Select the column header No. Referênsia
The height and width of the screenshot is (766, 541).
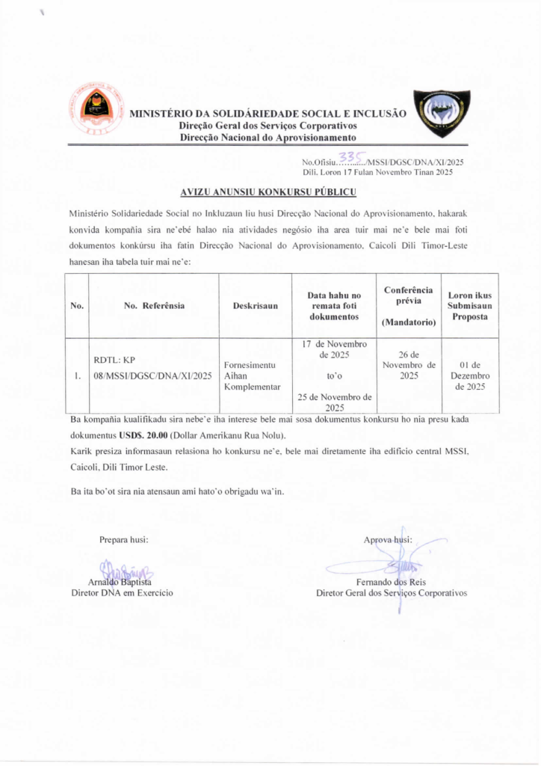pos(154,305)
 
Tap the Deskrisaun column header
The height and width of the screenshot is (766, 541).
pos(255,305)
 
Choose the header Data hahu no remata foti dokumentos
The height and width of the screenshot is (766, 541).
pos(335,305)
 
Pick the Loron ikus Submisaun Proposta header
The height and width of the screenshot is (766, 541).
pos(469,305)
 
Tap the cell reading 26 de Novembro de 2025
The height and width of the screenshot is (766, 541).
pos(408,365)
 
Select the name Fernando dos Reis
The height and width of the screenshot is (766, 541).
pos(392,581)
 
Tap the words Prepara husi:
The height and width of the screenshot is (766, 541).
pos(123,539)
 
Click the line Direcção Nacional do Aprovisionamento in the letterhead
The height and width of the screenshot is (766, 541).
pos(267,138)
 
